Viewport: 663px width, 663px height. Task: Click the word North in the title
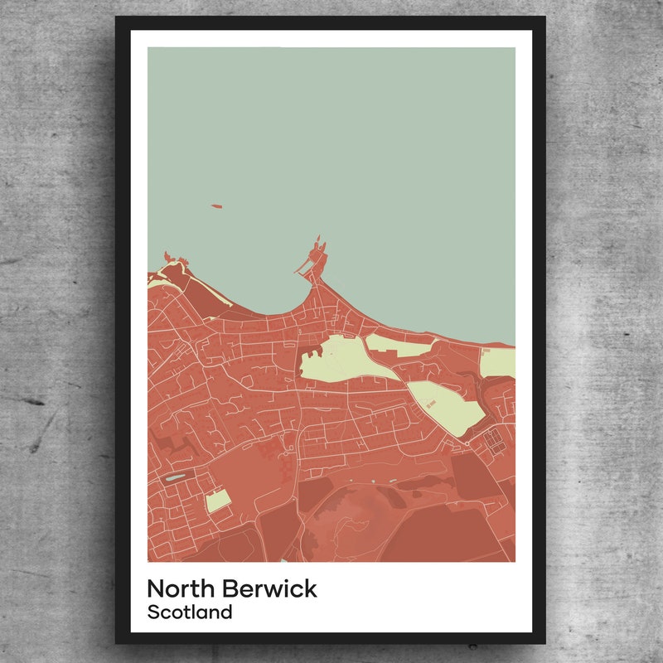tap(182, 588)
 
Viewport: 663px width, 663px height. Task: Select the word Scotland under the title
tap(189, 613)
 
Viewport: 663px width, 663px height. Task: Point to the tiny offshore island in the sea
tap(217, 206)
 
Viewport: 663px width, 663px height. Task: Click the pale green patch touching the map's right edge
tap(499, 362)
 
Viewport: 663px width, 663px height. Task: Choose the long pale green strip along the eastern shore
tap(398, 343)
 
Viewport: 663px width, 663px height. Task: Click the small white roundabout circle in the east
tap(467, 444)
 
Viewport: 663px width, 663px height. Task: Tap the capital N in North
tap(156, 588)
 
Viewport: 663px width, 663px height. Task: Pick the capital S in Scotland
tap(153, 613)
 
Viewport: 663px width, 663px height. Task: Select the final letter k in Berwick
tap(309, 588)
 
